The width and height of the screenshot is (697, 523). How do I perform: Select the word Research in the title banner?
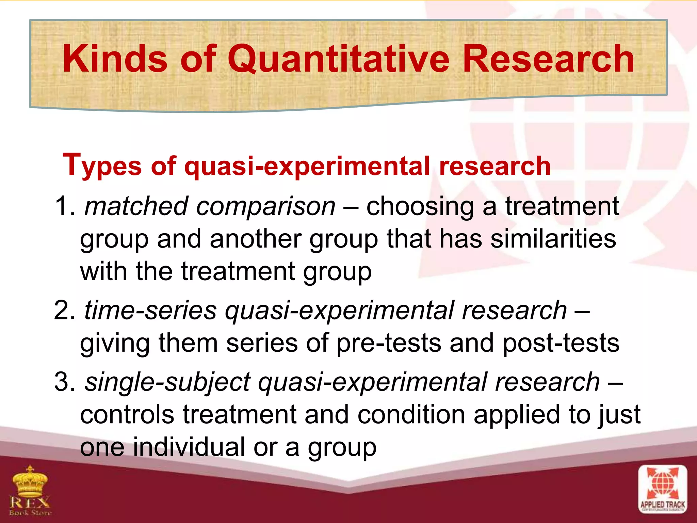click(548, 60)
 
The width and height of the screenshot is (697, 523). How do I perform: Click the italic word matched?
click(136, 206)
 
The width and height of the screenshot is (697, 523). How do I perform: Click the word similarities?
click(553, 239)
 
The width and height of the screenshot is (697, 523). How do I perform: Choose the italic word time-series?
click(150, 310)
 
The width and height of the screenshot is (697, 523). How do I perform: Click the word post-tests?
click(561, 343)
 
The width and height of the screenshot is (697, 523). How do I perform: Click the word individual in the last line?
click(189, 447)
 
